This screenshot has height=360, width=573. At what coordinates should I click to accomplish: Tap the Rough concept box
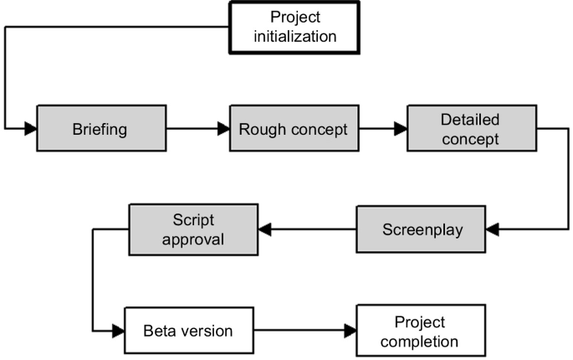pyautogui.click(x=288, y=129)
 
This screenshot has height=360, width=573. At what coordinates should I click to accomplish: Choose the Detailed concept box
pyautogui.click(x=470, y=128)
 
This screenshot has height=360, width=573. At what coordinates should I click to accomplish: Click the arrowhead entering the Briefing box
pyautogui.click(x=31, y=129)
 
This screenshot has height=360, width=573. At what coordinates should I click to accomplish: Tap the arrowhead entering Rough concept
pyautogui.click(x=223, y=129)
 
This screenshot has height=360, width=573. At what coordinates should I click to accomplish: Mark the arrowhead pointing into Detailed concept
pyautogui.click(x=401, y=129)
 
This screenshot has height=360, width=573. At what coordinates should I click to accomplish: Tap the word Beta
pyautogui.click(x=162, y=331)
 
